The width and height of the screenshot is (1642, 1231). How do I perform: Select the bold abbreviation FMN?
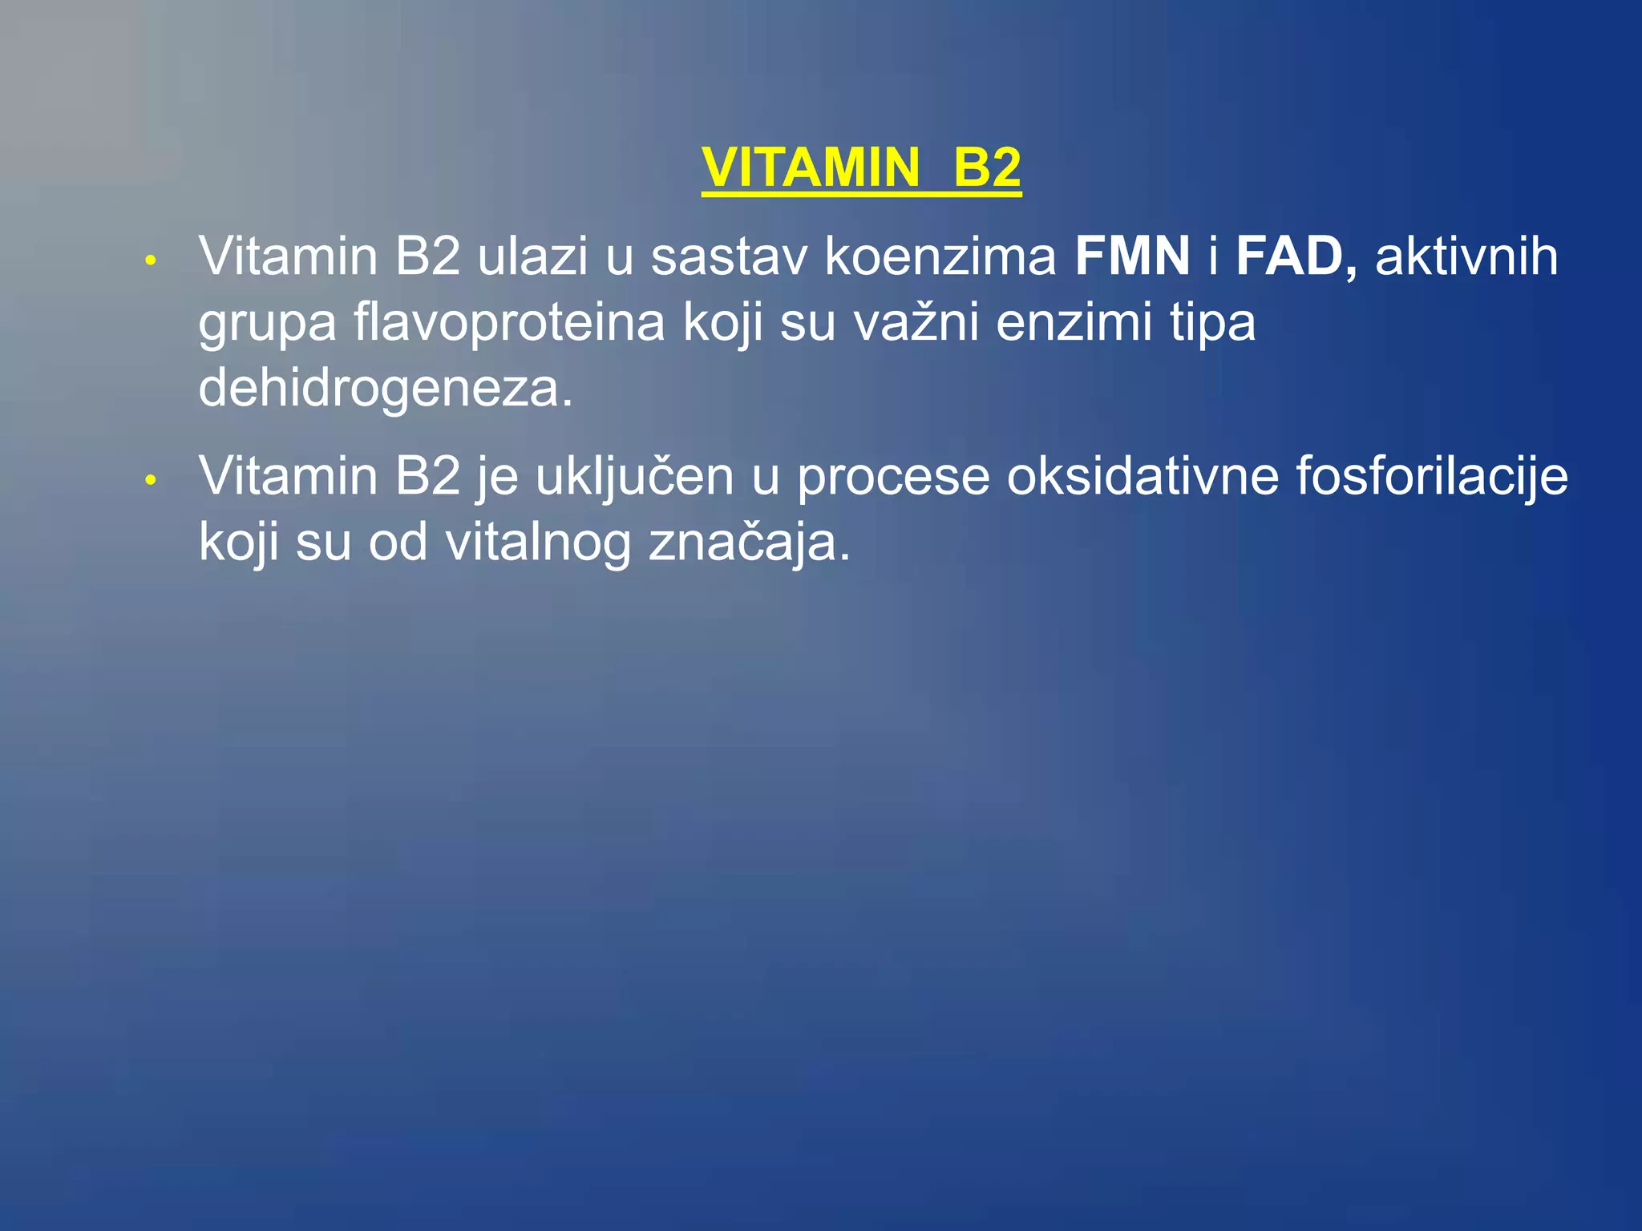point(1132,257)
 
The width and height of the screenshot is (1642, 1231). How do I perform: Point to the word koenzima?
point(940,257)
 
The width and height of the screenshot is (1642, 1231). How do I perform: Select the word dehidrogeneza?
point(386,389)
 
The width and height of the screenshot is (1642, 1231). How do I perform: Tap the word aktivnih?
point(1466,257)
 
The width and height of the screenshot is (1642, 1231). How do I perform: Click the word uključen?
point(634,477)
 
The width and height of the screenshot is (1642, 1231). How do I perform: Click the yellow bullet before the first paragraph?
point(150,260)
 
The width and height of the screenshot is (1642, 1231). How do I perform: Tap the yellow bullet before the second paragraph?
point(150,480)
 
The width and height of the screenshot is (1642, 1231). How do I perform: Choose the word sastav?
point(729,257)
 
